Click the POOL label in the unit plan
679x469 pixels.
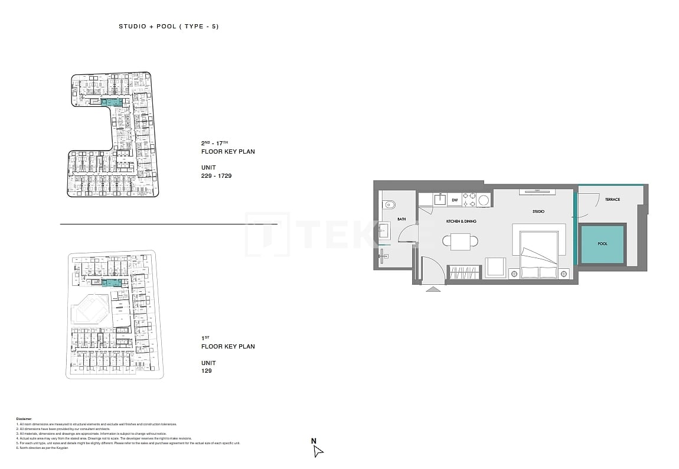(x=602, y=243)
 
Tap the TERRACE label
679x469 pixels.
(x=612, y=200)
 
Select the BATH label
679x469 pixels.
(x=401, y=219)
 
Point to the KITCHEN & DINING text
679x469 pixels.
(x=461, y=222)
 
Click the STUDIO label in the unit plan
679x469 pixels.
(x=538, y=211)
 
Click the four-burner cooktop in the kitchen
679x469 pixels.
(x=469, y=200)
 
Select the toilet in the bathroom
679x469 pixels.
(x=388, y=205)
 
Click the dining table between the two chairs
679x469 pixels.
(x=461, y=241)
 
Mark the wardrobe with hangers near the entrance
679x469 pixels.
(x=465, y=273)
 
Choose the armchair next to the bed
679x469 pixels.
(x=495, y=267)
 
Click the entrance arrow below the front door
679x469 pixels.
(x=433, y=289)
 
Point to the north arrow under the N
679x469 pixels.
(x=318, y=451)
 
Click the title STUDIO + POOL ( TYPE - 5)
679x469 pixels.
(x=169, y=27)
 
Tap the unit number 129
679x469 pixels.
(x=206, y=371)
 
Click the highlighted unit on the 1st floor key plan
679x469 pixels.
(x=112, y=284)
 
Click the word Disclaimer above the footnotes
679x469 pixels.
(x=24, y=418)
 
